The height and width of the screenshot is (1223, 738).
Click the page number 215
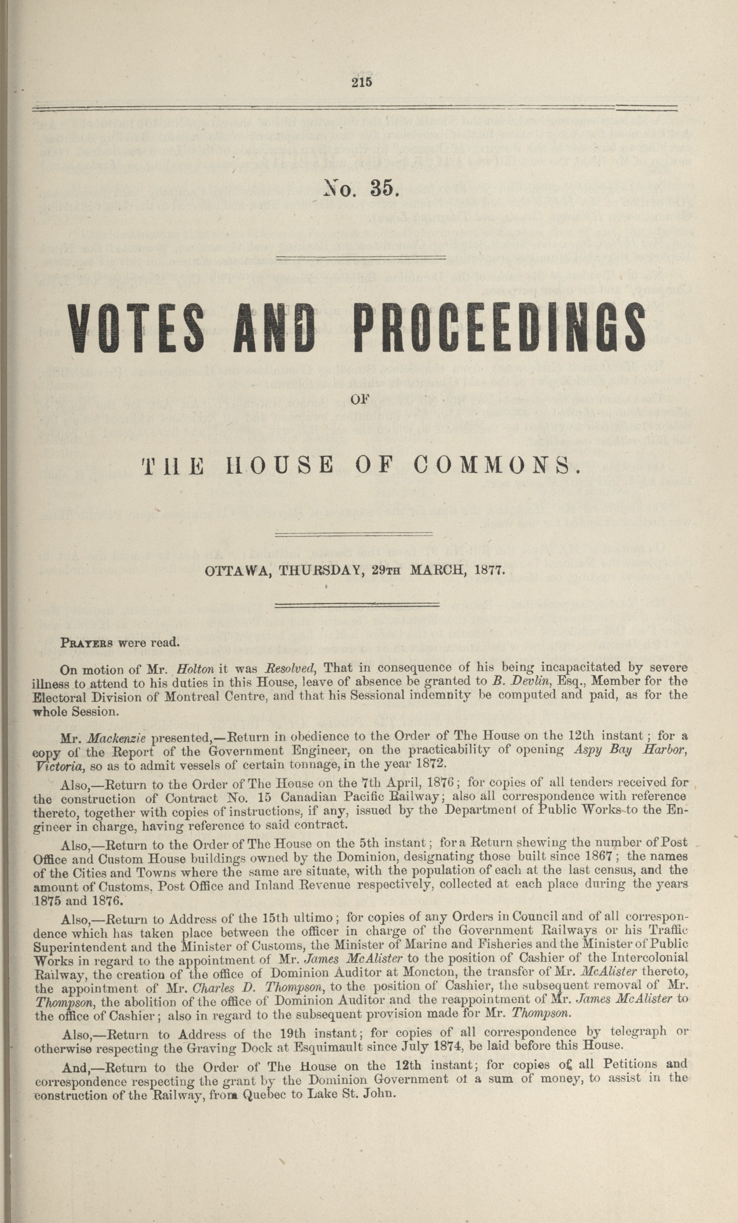[x=361, y=83]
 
